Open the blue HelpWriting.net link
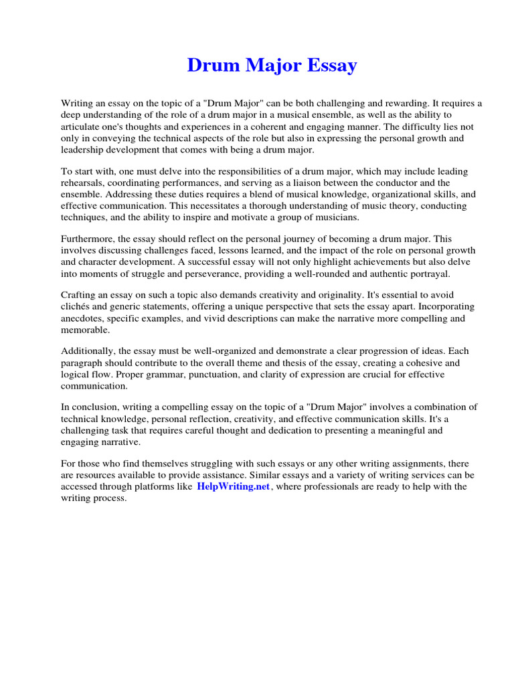[x=234, y=487]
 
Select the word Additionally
[x=89, y=351]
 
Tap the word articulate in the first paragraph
[x=81, y=126]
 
